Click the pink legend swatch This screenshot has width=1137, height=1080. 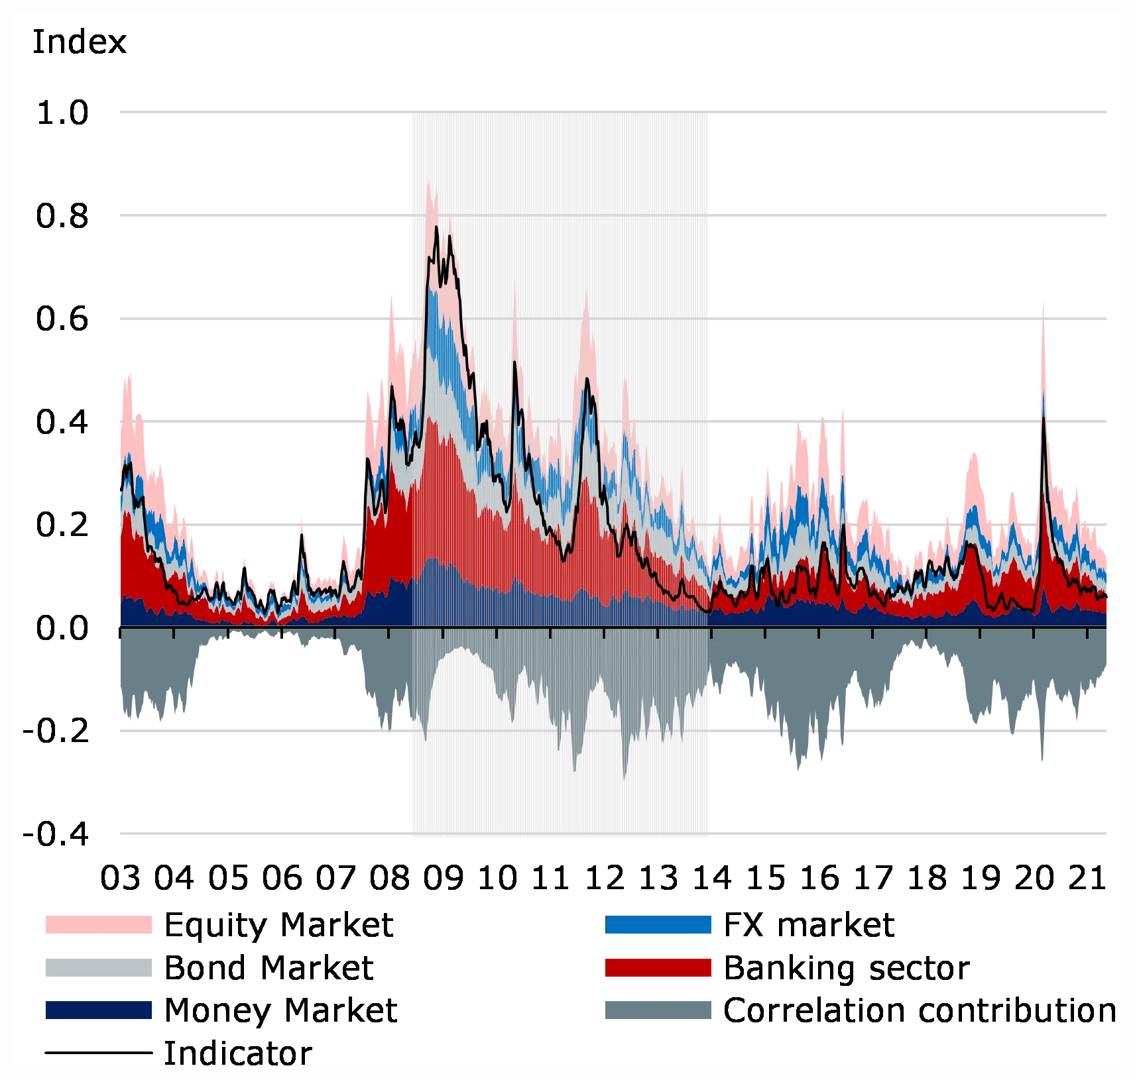(x=97, y=925)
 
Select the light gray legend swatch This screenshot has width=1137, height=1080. (x=97, y=967)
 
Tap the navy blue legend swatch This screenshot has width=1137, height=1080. (x=97, y=1009)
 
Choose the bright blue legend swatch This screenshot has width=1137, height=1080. (x=660, y=925)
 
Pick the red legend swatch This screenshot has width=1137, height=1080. (x=660, y=967)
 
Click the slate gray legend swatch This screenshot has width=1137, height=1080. (x=660, y=1009)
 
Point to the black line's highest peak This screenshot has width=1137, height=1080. (x=436, y=227)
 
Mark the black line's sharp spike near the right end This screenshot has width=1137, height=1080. (x=1043, y=417)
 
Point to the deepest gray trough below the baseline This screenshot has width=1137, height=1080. (x=624, y=780)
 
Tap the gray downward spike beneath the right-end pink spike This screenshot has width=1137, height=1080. (x=1042, y=762)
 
